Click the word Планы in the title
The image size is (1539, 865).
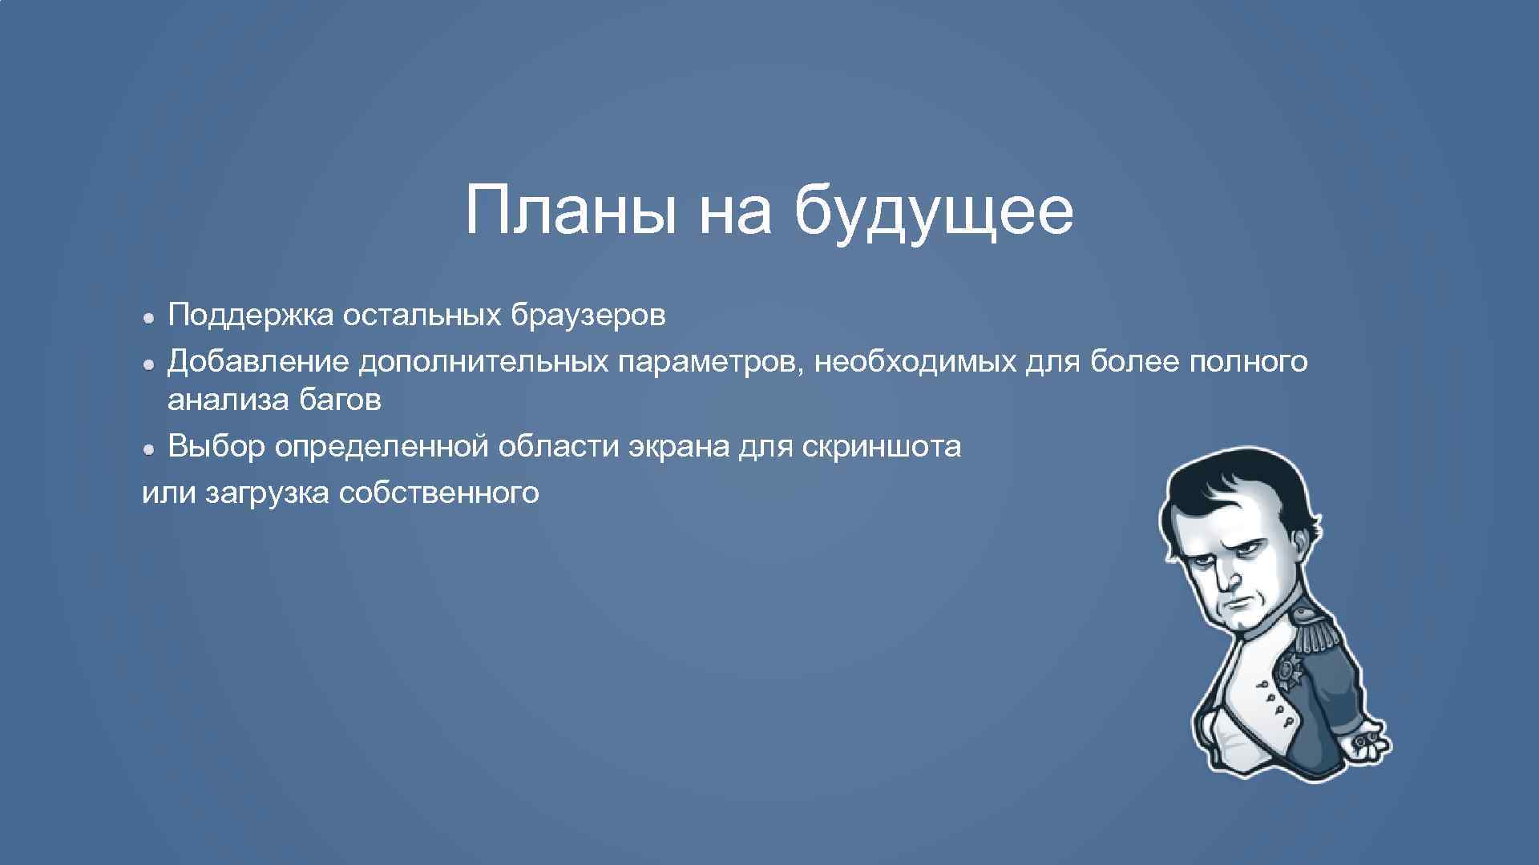571,211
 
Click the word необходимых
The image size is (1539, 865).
915,362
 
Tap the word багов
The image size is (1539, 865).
340,400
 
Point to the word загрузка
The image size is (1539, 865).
267,493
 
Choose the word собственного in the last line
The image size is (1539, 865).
439,493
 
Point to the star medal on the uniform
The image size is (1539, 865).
1292,669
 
